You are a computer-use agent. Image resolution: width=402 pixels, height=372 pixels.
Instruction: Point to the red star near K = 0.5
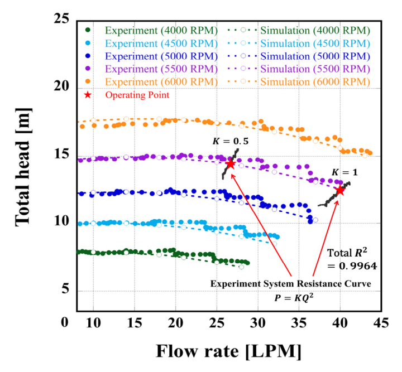231,164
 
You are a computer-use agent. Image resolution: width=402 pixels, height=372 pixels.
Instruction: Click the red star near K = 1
339,191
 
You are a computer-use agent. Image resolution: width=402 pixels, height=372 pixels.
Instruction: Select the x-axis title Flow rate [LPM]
229,352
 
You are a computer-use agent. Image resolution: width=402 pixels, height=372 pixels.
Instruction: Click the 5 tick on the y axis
65,289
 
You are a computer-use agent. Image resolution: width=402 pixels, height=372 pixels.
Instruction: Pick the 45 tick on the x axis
382,323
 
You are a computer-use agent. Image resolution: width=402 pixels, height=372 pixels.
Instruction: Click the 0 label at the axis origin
65,323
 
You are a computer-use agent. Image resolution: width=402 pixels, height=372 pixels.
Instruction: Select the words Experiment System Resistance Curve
291,284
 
